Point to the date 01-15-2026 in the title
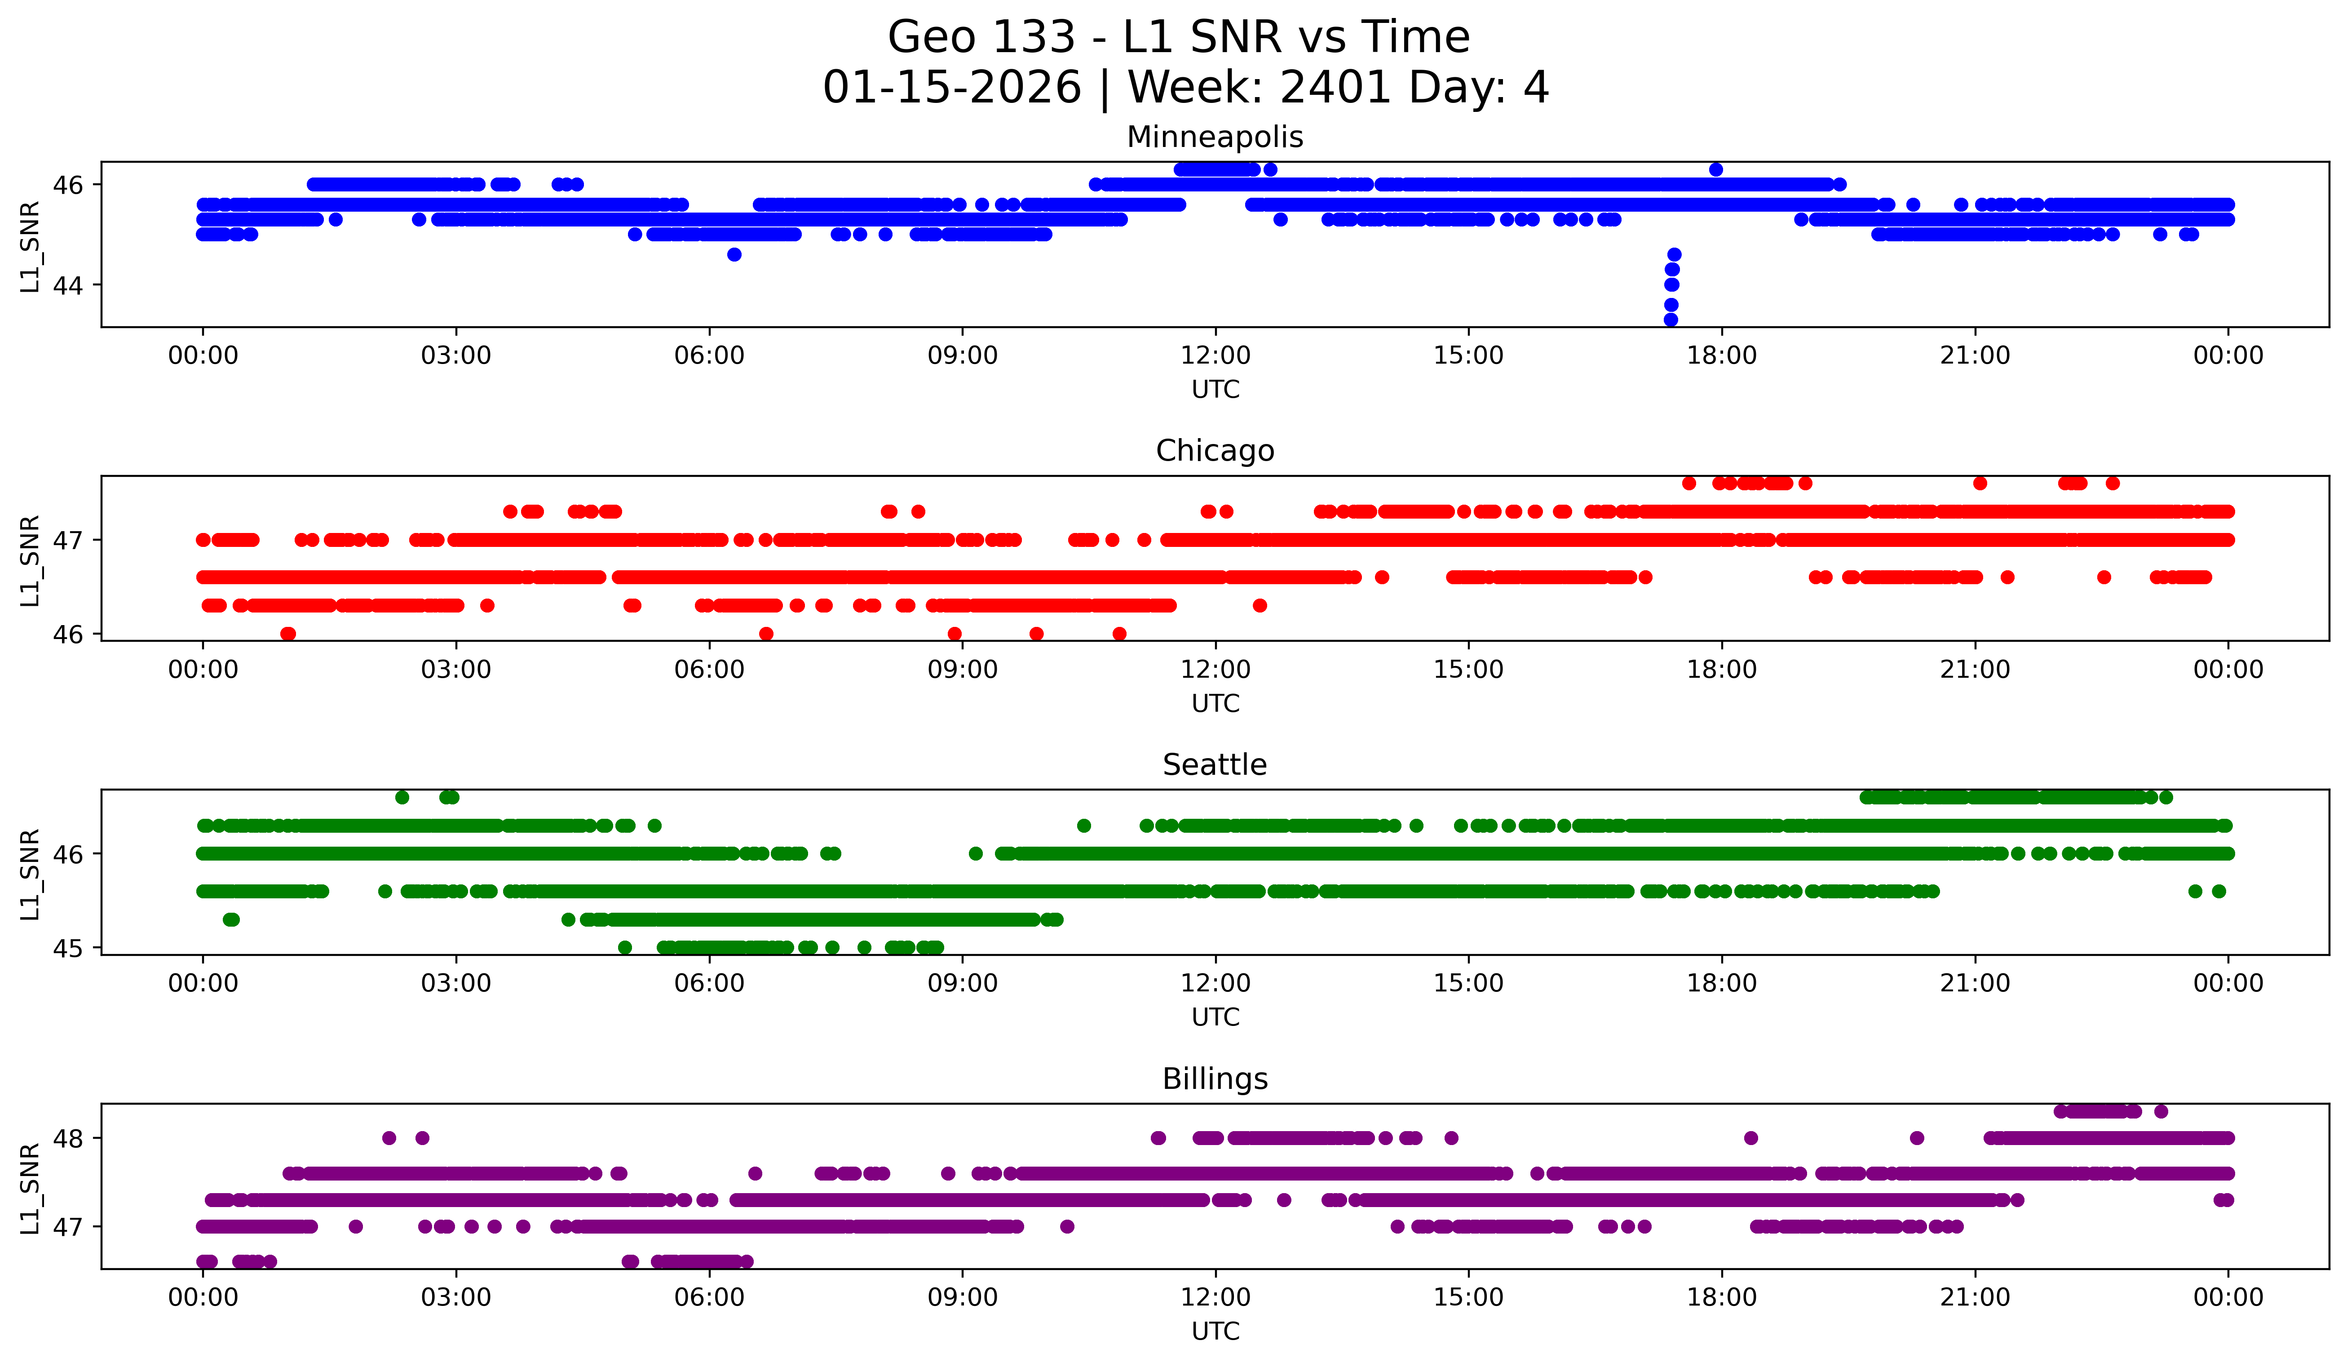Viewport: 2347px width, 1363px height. coord(952,89)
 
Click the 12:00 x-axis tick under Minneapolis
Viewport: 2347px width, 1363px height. coord(1215,356)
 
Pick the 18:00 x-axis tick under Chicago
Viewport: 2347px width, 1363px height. coord(1721,670)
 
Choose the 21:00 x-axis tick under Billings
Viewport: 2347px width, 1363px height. coord(1975,1298)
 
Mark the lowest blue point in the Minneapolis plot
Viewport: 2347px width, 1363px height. coord(1671,320)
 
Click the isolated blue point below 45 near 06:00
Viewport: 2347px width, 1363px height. coord(734,254)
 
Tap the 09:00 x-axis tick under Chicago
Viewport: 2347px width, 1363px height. coord(962,670)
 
